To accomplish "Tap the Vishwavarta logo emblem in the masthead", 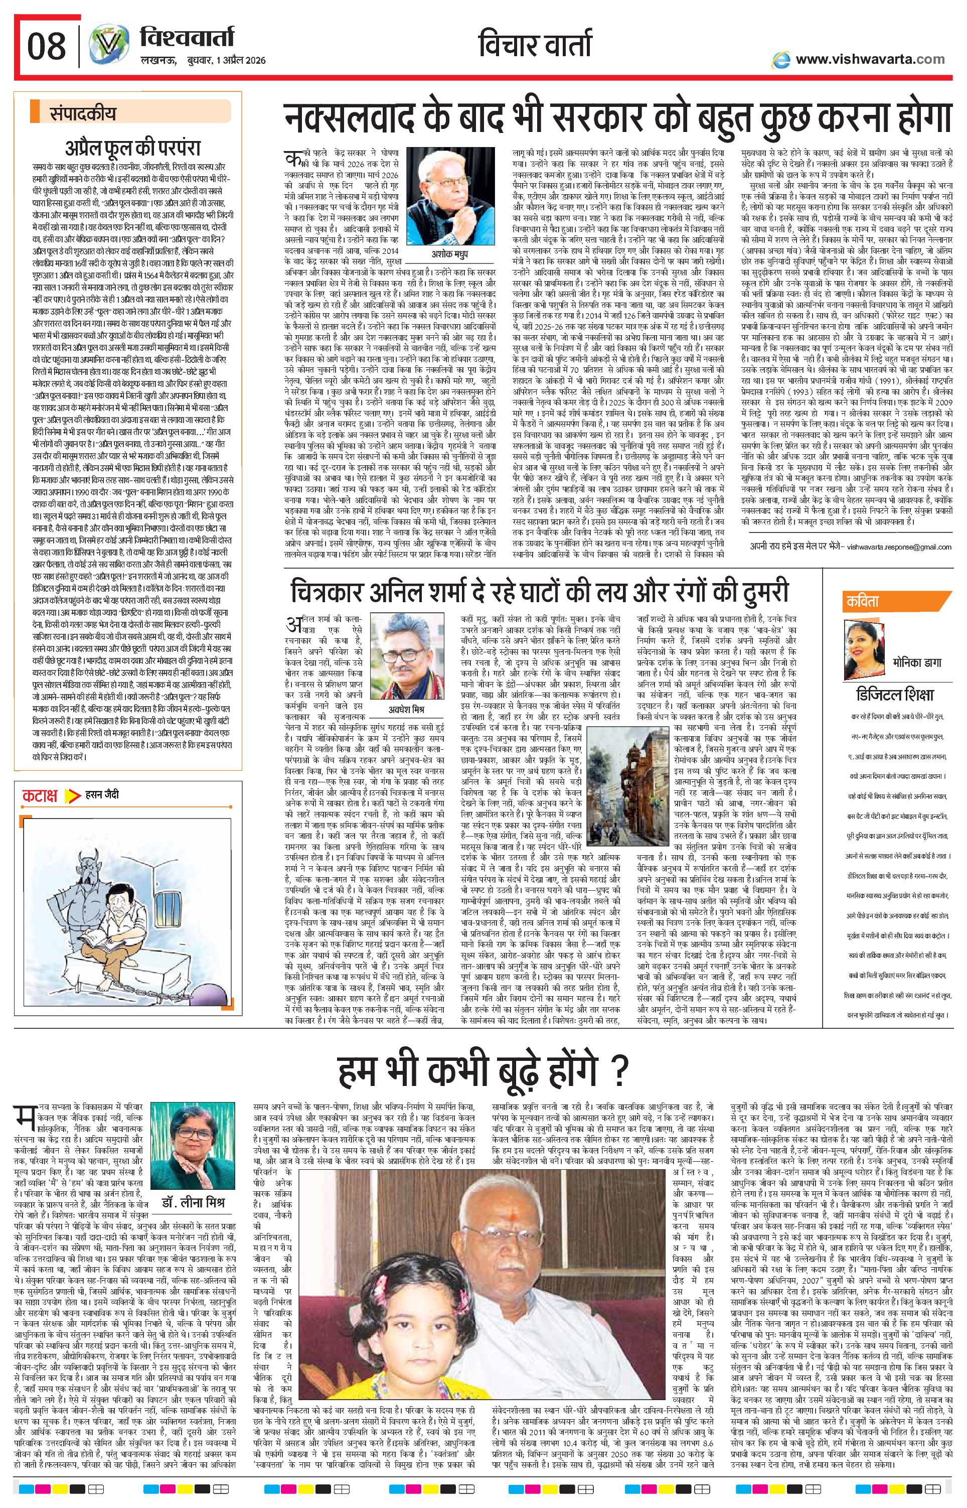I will click(104, 48).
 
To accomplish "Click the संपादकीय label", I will click(82, 115).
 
